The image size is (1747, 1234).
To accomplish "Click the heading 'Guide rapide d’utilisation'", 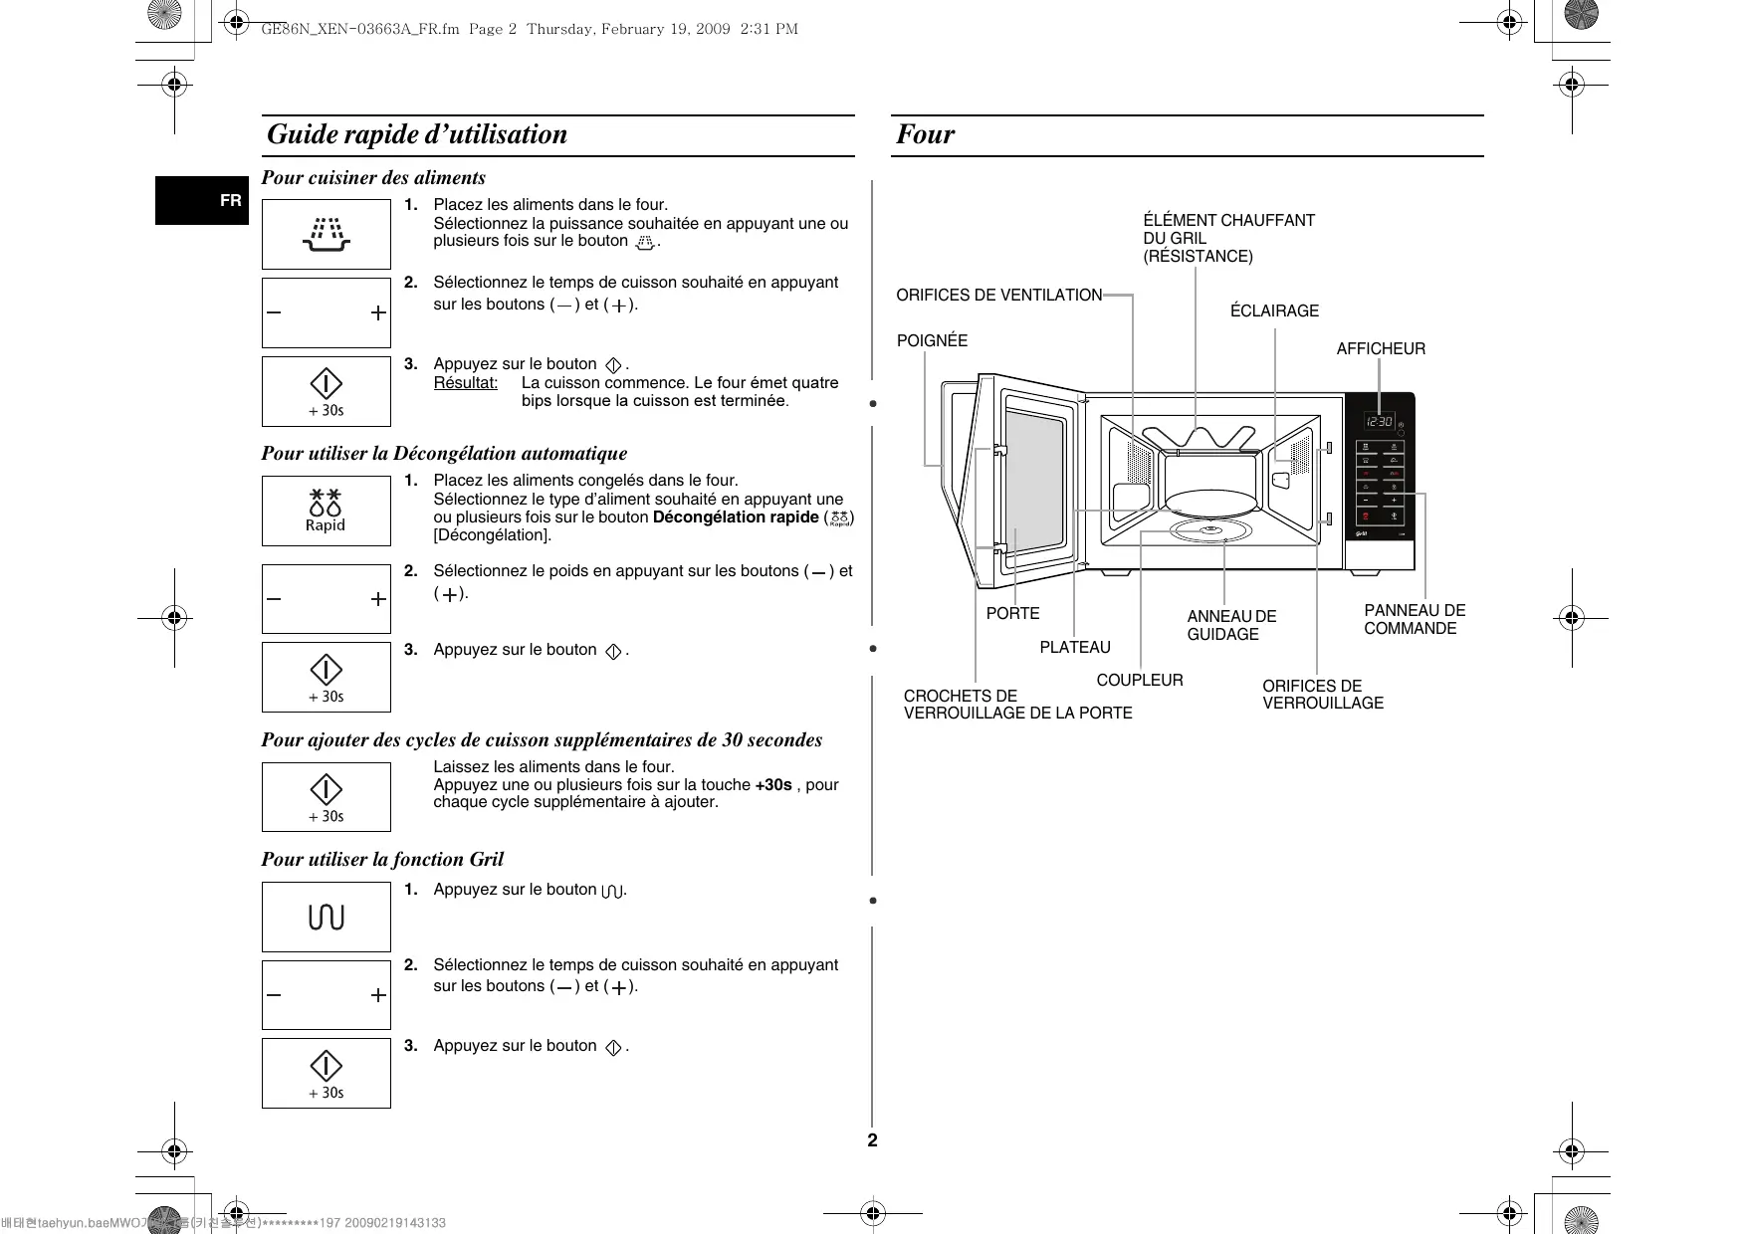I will click(417, 134).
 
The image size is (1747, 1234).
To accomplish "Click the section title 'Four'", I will click(925, 134).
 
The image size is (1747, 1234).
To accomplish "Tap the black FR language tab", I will click(202, 200).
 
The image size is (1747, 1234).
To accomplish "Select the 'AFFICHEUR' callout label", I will click(1380, 349).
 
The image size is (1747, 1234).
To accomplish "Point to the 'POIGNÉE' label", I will click(932, 341).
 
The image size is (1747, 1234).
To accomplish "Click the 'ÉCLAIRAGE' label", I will click(1274, 311).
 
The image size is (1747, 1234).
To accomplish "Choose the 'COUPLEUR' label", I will click(1140, 681).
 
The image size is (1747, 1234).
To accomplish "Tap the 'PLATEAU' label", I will click(1075, 648).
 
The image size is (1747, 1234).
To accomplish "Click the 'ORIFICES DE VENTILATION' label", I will click(998, 296).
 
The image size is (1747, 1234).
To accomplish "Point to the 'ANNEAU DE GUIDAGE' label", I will click(1230, 626).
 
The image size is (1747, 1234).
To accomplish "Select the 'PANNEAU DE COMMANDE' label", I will click(1414, 620).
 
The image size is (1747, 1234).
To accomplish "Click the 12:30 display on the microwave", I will click(1379, 422).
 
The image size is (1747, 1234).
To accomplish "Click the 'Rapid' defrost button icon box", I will click(327, 511).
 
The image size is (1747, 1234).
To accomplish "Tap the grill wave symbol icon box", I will click(327, 917).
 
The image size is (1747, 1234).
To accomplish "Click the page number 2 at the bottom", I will click(873, 1140).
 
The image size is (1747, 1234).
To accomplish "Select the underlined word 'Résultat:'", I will click(466, 383).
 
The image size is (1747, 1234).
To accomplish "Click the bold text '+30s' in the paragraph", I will click(773, 785).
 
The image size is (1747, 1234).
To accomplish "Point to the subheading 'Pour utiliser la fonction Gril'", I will click(382, 860).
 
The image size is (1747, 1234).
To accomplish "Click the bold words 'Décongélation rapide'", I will click(735, 517).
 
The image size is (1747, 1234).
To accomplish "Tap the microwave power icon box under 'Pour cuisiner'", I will click(327, 234).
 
